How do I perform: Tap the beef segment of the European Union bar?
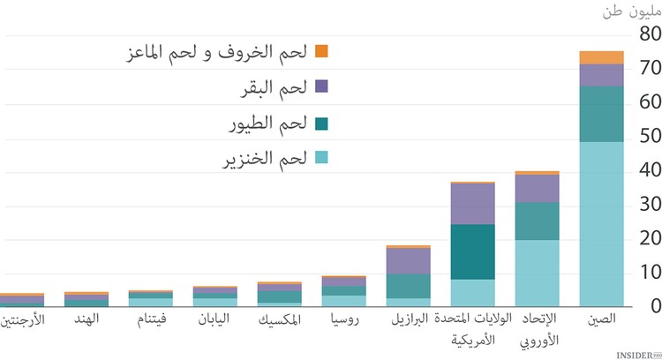click(537, 188)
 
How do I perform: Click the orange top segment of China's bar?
click(601, 57)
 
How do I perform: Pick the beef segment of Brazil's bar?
click(408, 260)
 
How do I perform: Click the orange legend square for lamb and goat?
click(321, 51)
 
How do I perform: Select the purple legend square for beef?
click(321, 86)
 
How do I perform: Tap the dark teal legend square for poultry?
click(321, 122)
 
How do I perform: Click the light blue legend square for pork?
click(321, 157)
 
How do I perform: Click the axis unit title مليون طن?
click(628, 11)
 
